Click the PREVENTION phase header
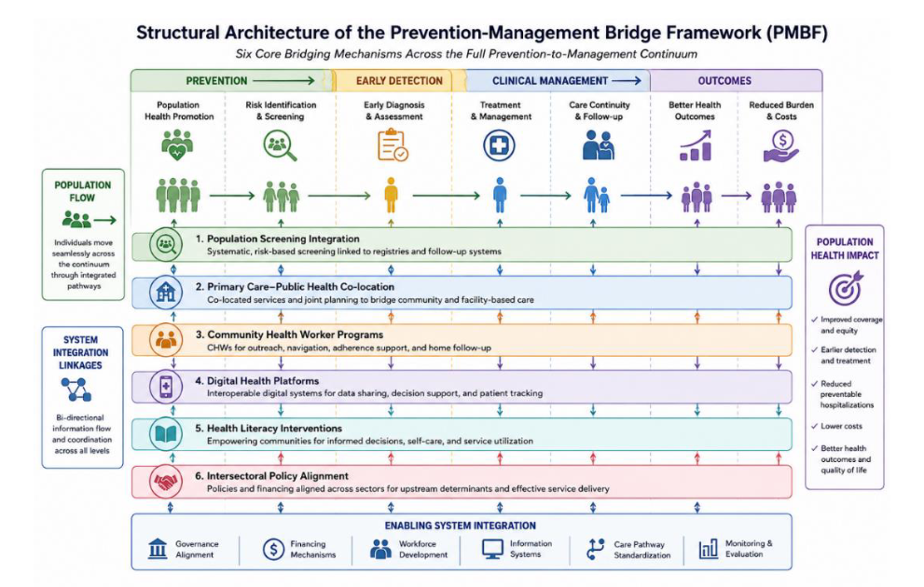click(x=217, y=81)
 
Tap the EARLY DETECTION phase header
click(x=399, y=81)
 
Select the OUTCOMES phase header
click(x=724, y=81)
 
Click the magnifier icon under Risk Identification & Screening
click(x=280, y=145)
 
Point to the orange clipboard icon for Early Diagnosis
click(x=393, y=145)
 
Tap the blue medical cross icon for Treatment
click(x=499, y=145)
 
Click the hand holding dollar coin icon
click(x=781, y=146)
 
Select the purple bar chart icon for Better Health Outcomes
click(x=696, y=146)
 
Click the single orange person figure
click(x=391, y=195)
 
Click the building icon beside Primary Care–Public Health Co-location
click(x=166, y=292)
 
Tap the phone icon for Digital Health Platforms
click(x=166, y=387)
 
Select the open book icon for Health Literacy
click(x=166, y=434)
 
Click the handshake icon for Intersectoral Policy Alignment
click(x=166, y=482)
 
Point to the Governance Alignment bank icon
click(x=158, y=549)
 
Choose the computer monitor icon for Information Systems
click(x=492, y=549)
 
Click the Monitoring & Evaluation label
click(x=749, y=549)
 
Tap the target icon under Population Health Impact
click(x=846, y=288)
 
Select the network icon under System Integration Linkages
click(x=76, y=389)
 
